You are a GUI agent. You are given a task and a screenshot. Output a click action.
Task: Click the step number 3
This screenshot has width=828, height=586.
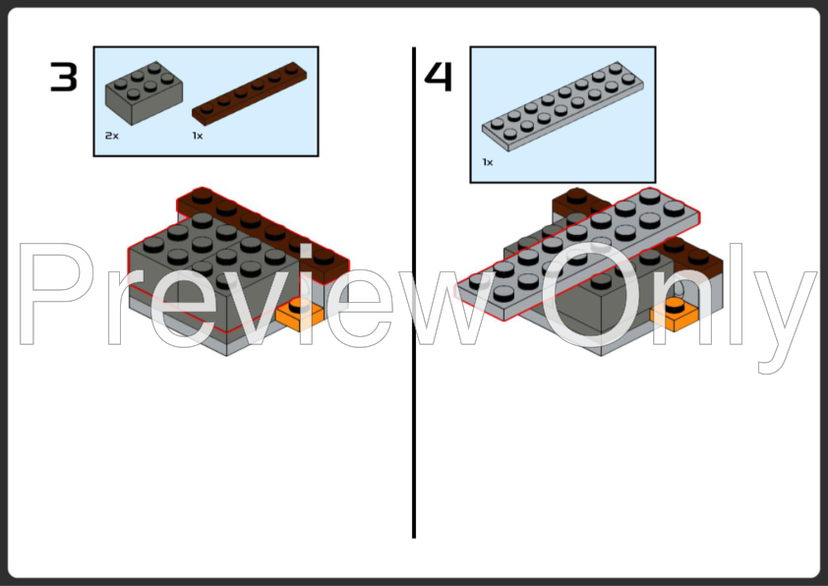tap(64, 77)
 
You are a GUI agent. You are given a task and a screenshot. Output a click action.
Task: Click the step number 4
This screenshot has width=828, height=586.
tap(439, 77)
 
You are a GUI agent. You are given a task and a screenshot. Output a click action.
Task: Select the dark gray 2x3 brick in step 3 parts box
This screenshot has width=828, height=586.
tap(144, 93)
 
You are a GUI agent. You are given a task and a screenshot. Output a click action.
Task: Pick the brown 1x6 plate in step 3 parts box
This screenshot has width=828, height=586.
tap(249, 94)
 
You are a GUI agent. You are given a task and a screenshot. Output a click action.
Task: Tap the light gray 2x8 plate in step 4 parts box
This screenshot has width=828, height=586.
tap(562, 106)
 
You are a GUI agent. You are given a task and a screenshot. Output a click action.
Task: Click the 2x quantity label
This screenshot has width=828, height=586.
tap(112, 136)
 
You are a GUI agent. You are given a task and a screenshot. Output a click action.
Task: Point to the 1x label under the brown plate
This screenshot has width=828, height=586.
tap(198, 136)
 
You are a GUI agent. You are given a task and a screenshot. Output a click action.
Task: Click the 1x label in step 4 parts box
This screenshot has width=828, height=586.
tap(488, 162)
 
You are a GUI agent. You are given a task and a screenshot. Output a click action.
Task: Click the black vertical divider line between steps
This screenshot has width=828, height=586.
tap(414, 292)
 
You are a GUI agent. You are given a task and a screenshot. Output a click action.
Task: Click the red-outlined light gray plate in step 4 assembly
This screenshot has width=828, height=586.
tap(577, 254)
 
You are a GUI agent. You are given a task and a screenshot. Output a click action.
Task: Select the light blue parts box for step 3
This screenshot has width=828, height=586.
tap(206, 101)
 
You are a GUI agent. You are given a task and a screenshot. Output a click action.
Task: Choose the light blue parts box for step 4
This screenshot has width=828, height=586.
tap(562, 115)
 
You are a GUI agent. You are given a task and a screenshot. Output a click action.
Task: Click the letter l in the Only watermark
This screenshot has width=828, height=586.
tap(738, 294)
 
